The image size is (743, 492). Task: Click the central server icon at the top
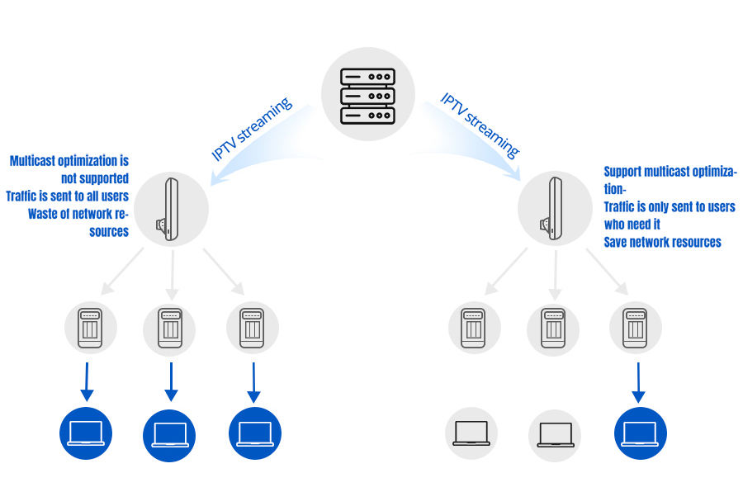coord(368,93)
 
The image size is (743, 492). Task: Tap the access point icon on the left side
coord(172,208)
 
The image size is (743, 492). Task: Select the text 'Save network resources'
coord(662,242)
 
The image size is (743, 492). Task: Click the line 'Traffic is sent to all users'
coord(67,196)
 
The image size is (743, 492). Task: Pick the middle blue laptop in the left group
coord(169,435)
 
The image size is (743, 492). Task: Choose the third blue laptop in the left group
coord(254,433)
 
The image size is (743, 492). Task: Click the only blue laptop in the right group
coord(640,433)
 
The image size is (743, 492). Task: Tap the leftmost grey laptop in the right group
coord(471,433)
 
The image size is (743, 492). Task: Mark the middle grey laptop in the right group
coord(555,435)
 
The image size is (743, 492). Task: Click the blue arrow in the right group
coord(638,384)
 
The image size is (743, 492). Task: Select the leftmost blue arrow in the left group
coord(88,384)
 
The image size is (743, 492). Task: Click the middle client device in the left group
coord(169,328)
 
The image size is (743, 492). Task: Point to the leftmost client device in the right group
coord(475,328)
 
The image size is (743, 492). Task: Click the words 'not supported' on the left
coord(95,177)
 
